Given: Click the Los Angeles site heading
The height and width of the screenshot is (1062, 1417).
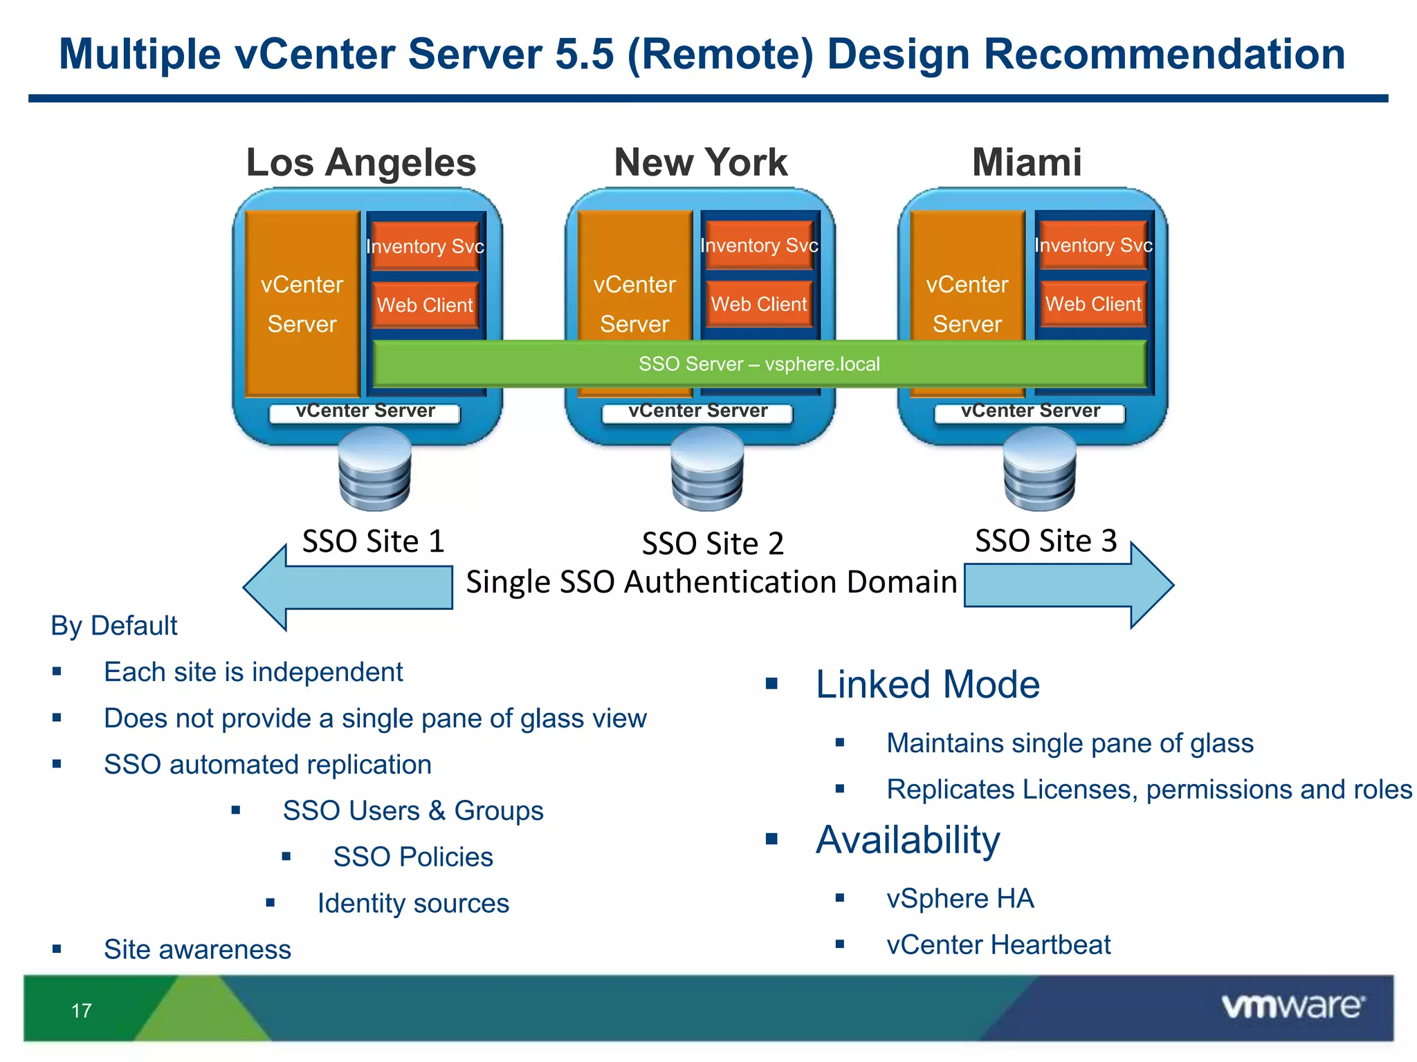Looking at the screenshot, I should pos(360,162).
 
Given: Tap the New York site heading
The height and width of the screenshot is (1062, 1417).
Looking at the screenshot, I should pos(700,162).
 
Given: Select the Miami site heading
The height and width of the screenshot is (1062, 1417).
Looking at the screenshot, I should pos(1026,162).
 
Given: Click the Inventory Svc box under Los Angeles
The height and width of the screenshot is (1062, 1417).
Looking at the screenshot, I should pos(425,246).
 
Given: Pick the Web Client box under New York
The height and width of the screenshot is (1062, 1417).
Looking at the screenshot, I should pos(759,304).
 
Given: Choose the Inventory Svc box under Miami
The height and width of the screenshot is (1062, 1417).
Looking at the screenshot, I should pos(1093,245).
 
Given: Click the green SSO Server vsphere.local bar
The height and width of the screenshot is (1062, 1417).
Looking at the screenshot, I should pos(759,364).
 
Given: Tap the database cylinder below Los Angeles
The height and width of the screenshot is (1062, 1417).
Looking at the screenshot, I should pos(375,469).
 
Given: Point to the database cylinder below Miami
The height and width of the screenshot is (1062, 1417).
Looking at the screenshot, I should pos(1039,469).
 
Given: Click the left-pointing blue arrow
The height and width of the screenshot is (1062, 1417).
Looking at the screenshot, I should pos(346,587).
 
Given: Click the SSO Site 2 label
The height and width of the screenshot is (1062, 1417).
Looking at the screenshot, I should pos(713,543).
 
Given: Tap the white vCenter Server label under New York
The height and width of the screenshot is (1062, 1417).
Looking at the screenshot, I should pos(697,411).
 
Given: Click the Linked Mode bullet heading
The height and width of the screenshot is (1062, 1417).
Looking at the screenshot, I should pos(927,684).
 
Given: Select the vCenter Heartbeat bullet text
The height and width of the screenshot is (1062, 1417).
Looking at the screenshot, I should pos(998,944).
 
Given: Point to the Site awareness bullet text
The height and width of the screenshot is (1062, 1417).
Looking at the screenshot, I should pos(197,949).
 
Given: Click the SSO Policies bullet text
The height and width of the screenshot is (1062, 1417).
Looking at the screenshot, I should pos(413,857).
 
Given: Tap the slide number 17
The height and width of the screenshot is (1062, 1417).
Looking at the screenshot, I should pos(82,1011).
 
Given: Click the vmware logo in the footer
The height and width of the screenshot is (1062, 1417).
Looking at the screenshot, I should pos(1292,1007).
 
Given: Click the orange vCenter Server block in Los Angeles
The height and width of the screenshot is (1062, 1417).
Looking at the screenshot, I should pos(302,304).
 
